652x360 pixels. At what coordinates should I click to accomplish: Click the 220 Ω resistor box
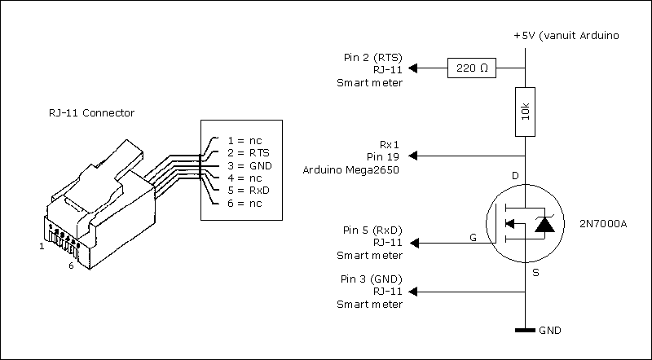point(474,68)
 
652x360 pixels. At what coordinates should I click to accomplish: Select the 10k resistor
point(526,119)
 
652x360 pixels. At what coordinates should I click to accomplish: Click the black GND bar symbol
point(526,331)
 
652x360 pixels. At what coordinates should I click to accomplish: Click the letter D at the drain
point(513,176)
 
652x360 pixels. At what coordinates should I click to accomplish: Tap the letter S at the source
point(535,274)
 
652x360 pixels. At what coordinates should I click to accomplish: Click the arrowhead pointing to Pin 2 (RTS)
point(412,68)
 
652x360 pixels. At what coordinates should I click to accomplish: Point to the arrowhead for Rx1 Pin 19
point(412,155)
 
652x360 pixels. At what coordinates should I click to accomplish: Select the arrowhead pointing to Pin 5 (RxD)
point(412,242)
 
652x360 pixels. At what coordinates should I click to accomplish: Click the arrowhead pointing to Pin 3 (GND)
point(412,291)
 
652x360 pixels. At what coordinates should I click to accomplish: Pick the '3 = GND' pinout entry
point(249,165)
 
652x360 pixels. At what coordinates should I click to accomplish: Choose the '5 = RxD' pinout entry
point(249,190)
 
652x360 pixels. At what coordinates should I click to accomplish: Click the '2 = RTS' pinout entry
point(249,153)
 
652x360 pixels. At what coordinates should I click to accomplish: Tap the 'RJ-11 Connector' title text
point(90,113)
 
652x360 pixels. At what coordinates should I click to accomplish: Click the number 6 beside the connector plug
point(72,266)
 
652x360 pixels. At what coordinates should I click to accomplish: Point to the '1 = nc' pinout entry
point(244,140)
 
